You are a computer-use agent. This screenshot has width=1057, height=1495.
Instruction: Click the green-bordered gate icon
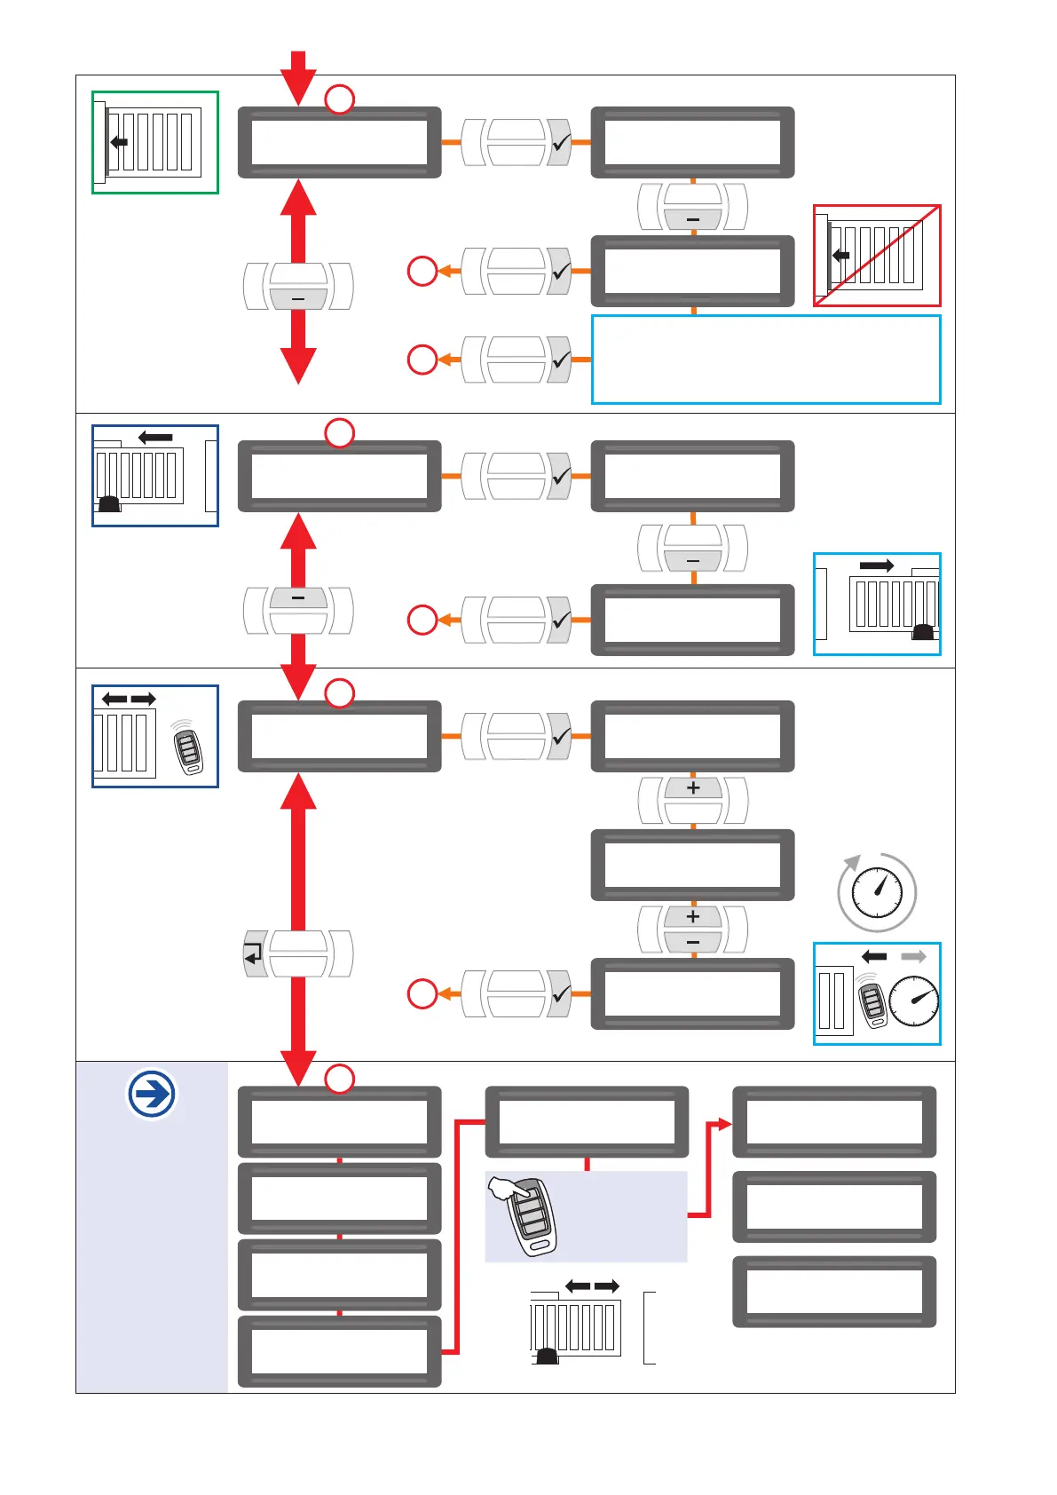pos(155,142)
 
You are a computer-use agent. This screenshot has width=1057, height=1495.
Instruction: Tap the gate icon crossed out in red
pos(877,256)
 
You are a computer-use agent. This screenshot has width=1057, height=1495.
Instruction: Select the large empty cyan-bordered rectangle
pos(766,360)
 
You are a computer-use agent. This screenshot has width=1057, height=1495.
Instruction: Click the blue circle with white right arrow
pos(152,1093)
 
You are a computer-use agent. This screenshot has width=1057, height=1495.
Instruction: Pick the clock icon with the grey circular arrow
pos(877,891)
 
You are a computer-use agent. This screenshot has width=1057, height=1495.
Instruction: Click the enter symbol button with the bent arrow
pos(255,954)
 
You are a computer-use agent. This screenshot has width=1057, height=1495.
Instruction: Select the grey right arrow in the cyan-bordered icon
pos(913,956)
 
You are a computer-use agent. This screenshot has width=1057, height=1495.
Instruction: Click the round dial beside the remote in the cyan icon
pos(913,1001)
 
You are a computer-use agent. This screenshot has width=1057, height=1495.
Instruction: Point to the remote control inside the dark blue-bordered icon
pos(187,747)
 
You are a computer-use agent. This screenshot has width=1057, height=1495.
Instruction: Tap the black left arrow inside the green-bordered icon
pos(119,142)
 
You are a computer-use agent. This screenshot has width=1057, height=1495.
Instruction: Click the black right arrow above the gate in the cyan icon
pos(877,566)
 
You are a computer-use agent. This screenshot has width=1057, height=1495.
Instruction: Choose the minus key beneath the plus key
pos(693,942)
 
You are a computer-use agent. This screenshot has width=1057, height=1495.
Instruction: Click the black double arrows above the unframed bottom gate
pos(592,1286)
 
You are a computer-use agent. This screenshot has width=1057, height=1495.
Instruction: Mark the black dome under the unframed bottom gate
pos(546,1357)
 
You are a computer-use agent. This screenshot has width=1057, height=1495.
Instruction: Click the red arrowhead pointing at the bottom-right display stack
pos(724,1124)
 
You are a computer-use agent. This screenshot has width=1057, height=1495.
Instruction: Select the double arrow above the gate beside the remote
pos(129,699)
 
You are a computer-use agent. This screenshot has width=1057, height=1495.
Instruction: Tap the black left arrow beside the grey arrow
pos(874,956)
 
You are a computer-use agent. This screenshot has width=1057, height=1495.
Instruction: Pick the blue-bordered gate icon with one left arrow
pos(155,476)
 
